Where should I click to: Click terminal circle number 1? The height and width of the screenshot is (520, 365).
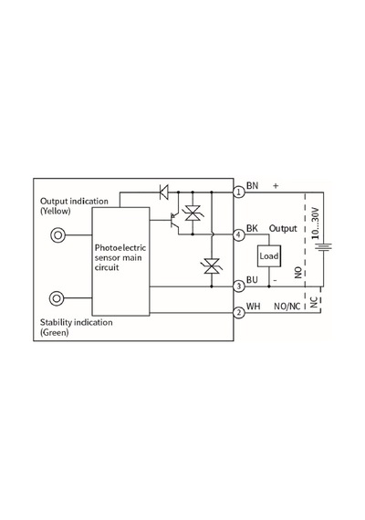(x=239, y=192)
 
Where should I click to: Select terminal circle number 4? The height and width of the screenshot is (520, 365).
(x=239, y=235)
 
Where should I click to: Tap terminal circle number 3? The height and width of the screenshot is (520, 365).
(x=239, y=286)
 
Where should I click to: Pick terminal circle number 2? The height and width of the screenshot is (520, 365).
(x=239, y=312)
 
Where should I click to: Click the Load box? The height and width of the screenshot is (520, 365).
(x=269, y=256)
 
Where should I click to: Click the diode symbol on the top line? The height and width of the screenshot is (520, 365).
(x=163, y=192)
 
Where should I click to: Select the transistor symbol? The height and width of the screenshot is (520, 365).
(x=174, y=220)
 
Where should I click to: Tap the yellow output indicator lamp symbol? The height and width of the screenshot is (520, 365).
(x=57, y=235)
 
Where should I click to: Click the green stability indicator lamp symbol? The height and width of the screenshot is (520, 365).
(x=57, y=298)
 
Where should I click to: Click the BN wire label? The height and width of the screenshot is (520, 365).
(x=252, y=185)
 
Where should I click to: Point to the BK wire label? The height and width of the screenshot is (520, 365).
(x=252, y=228)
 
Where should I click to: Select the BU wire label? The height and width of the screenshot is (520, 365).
(x=252, y=280)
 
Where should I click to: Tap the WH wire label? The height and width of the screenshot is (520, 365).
(x=253, y=307)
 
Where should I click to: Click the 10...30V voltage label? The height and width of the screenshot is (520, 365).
(x=315, y=224)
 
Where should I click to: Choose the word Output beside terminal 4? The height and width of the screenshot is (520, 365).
(x=283, y=228)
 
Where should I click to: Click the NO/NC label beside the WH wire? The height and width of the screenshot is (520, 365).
(x=287, y=307)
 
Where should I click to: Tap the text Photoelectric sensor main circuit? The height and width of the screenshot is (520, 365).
(x=120, y=257)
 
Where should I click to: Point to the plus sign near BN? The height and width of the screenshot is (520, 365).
(x=276, y=186)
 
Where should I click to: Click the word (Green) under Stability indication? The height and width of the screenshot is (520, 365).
(x=54, y=332)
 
